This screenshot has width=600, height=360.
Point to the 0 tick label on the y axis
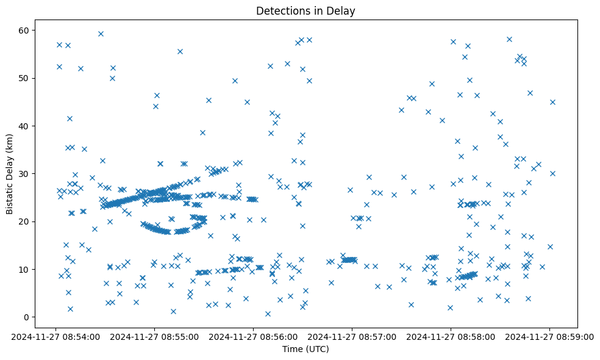[26, 317]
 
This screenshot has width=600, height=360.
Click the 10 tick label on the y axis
[24, 269]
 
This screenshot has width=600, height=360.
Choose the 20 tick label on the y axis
[24, 221]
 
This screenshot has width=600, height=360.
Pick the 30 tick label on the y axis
[24, 174]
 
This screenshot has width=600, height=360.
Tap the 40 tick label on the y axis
[24, 126]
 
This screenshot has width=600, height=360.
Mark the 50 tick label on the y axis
[24, 79]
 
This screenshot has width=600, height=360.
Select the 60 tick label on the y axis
[24, 31]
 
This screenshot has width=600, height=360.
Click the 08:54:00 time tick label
[56, 336]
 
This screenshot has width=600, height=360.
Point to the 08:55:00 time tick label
[155, 336]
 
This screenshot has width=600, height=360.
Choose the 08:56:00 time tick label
[254, 336]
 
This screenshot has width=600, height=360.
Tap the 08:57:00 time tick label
[352, 336]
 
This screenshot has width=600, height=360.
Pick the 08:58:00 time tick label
[451, 336]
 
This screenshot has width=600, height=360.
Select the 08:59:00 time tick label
[550, 336]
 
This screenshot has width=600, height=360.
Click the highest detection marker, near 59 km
[101, 34]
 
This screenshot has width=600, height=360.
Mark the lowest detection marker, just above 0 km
[268, 314]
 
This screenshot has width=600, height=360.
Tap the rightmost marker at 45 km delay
[552, 102]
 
